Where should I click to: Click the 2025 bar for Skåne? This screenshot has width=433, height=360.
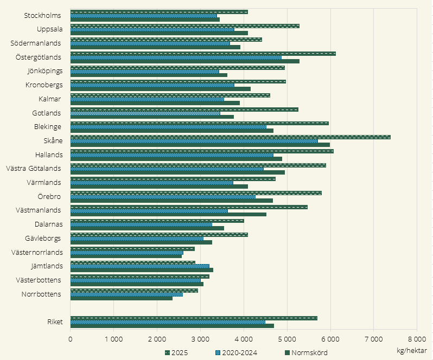click(230, 137)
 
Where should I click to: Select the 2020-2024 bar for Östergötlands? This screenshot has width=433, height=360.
click(176, 57)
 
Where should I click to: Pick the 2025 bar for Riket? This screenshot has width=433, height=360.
click(194, 318)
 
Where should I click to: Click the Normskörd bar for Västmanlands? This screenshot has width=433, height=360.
click(168, 214)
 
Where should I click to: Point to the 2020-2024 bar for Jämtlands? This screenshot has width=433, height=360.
click(139, 266)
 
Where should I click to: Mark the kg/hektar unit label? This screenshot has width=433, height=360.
click(412, 350)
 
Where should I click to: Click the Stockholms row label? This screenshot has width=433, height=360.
click(43, 15)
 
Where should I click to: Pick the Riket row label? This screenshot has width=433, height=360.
click(55, 322)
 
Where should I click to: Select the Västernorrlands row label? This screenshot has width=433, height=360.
click(37, 252)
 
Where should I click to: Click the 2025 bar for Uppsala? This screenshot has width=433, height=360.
click(184, 25)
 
